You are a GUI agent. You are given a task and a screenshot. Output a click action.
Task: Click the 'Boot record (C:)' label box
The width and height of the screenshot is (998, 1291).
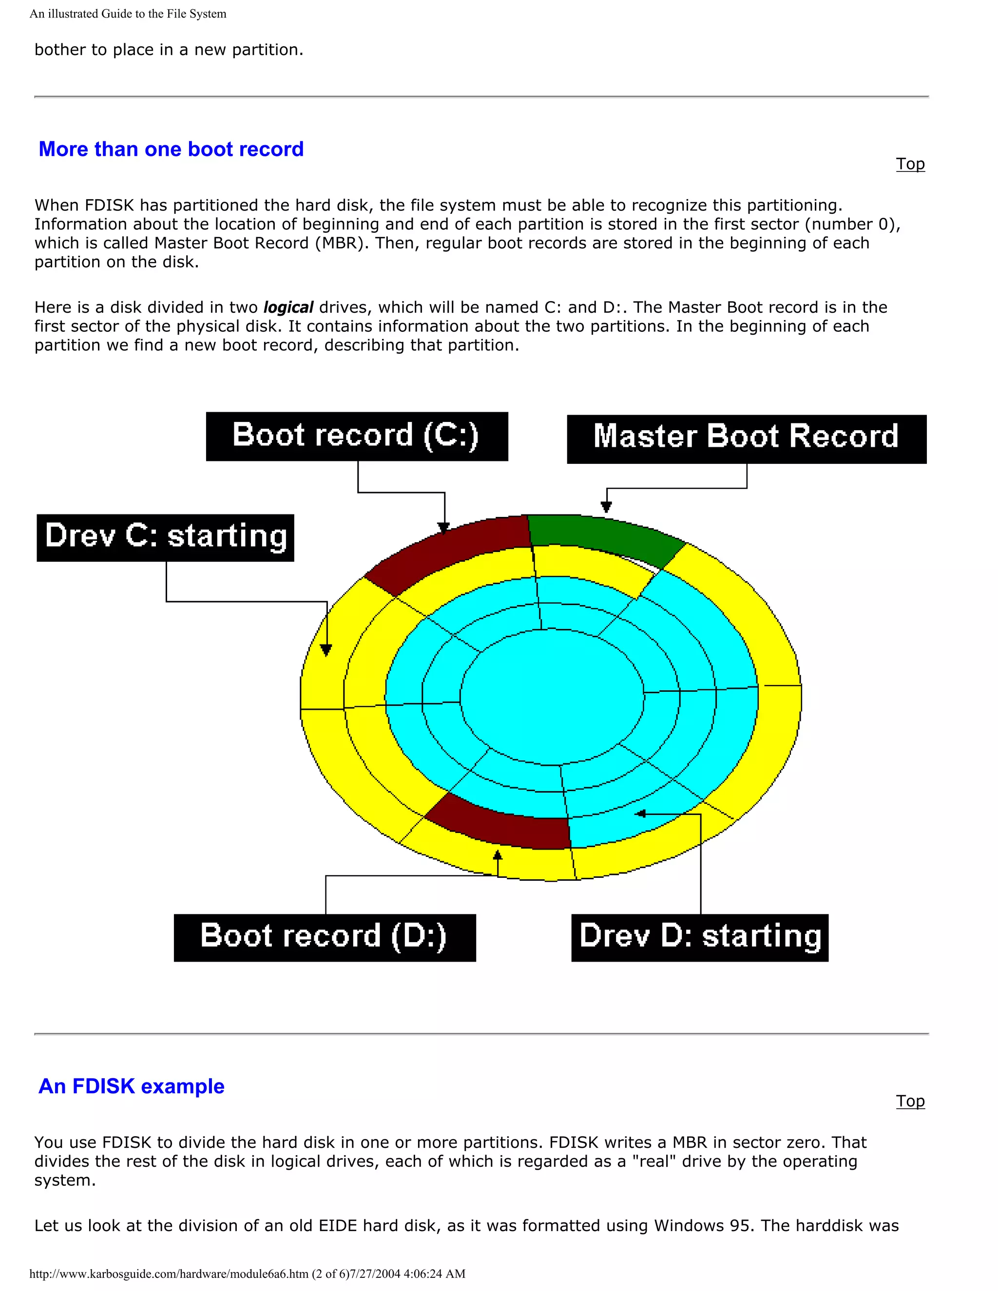point(357,436)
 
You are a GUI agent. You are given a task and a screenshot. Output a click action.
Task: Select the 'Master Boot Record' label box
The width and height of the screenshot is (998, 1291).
point(746,438)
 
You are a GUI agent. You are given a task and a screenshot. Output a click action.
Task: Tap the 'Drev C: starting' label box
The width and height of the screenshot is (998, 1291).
point(165,537)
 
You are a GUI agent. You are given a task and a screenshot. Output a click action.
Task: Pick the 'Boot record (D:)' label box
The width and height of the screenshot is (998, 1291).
point(325,937)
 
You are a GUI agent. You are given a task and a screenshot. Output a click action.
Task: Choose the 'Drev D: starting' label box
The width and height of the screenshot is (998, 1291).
point(699,937)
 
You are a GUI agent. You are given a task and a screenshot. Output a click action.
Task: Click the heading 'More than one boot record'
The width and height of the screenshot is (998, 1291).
point(171,149)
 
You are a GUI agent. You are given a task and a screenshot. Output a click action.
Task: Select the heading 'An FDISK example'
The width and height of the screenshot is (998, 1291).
point(131,1086)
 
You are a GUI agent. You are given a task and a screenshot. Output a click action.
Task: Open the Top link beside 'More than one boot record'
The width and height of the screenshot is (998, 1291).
point(910,164)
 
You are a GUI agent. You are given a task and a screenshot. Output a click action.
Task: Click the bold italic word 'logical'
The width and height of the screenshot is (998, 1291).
point(288,307)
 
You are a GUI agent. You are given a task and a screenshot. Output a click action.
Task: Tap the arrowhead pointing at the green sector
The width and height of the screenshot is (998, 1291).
point(606,507)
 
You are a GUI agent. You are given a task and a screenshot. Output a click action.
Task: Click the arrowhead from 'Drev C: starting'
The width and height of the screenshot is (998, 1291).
point(326,649)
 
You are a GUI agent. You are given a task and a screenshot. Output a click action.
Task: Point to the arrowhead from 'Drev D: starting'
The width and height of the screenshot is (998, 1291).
point(640,814)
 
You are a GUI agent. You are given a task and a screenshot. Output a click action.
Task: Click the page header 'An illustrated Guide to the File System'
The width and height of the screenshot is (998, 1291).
point(128,14)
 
